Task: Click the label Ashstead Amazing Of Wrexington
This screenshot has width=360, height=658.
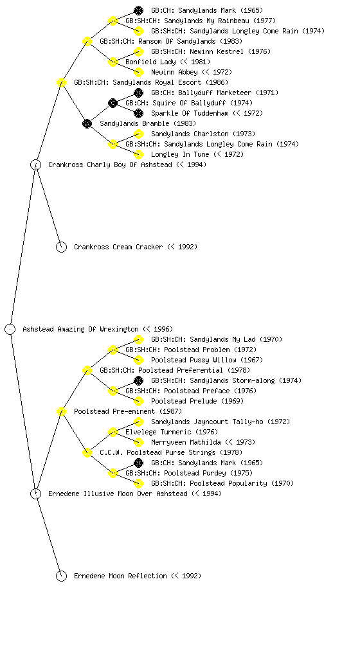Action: (x=80, y=329)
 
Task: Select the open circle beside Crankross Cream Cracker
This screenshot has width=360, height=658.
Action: (x=61, y=247)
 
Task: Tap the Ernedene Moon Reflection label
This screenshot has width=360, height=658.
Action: (x=120, y=576)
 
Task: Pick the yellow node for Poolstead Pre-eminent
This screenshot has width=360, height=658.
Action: (x=61, y=411)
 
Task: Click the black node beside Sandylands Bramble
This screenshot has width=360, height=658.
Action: (x=87, y=123)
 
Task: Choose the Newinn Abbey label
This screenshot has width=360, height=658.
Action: (x=174, y=72)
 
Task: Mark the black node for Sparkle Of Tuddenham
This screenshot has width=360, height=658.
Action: (x=138, y=113)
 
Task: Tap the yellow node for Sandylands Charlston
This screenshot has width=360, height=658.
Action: (x=138, y=134)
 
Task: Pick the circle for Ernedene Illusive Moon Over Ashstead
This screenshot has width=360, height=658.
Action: (x=35, y=493)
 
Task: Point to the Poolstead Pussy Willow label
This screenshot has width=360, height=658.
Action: (x=190, y=360)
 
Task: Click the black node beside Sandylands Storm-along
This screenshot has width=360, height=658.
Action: (x=138, y=380)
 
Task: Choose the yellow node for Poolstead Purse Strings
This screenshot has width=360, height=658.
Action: (x=87, y=452)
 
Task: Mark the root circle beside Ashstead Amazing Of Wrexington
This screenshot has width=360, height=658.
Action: (x=10, y=329)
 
